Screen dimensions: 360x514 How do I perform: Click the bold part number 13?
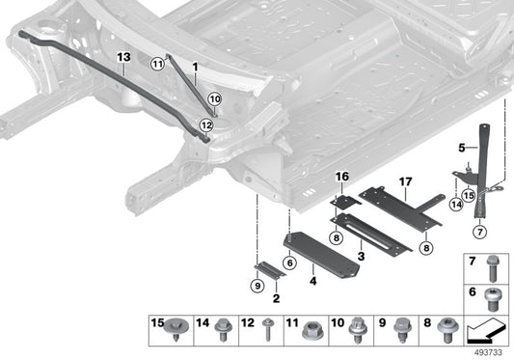pos(122,57)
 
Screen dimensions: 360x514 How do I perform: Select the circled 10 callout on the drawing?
pos(214,97)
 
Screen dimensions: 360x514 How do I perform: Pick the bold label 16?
pos(339,177)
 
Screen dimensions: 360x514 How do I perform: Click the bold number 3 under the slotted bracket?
pos(360,258)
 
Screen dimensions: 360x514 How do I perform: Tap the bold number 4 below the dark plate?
pos(311,284)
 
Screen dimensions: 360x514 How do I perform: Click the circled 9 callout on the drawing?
pos(257,286)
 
